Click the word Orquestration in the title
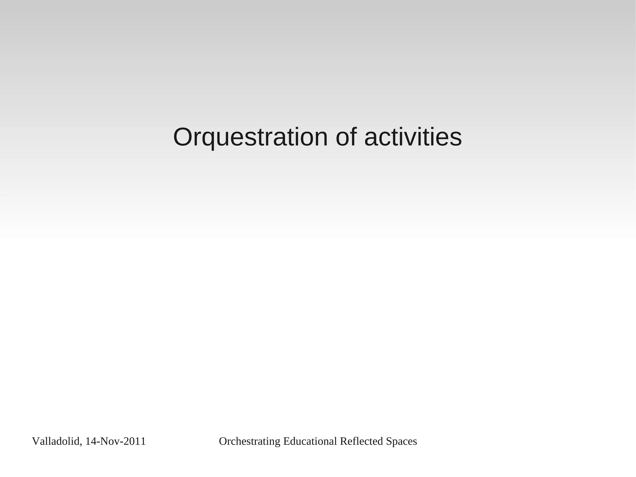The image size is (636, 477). (x=250, y=137)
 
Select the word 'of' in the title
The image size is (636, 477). (x=346, y=137)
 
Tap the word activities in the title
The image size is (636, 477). (x=413, y=137)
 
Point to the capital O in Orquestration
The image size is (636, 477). (x=184, y=137)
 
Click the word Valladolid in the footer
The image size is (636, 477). (x=56, y=441)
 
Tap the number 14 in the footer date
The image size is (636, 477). (x=90, y=441)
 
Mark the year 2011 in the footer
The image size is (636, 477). (x=134, y=441)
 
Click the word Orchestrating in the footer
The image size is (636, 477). (x=250, y=442)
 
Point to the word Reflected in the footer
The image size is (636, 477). (x=361, y=441)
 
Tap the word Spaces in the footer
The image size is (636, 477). (x=401, y=442)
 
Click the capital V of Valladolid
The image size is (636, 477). (x=35, y=441)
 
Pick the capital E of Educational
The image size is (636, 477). (x=286, y=441)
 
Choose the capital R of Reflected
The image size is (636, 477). (x=343, y=441)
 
